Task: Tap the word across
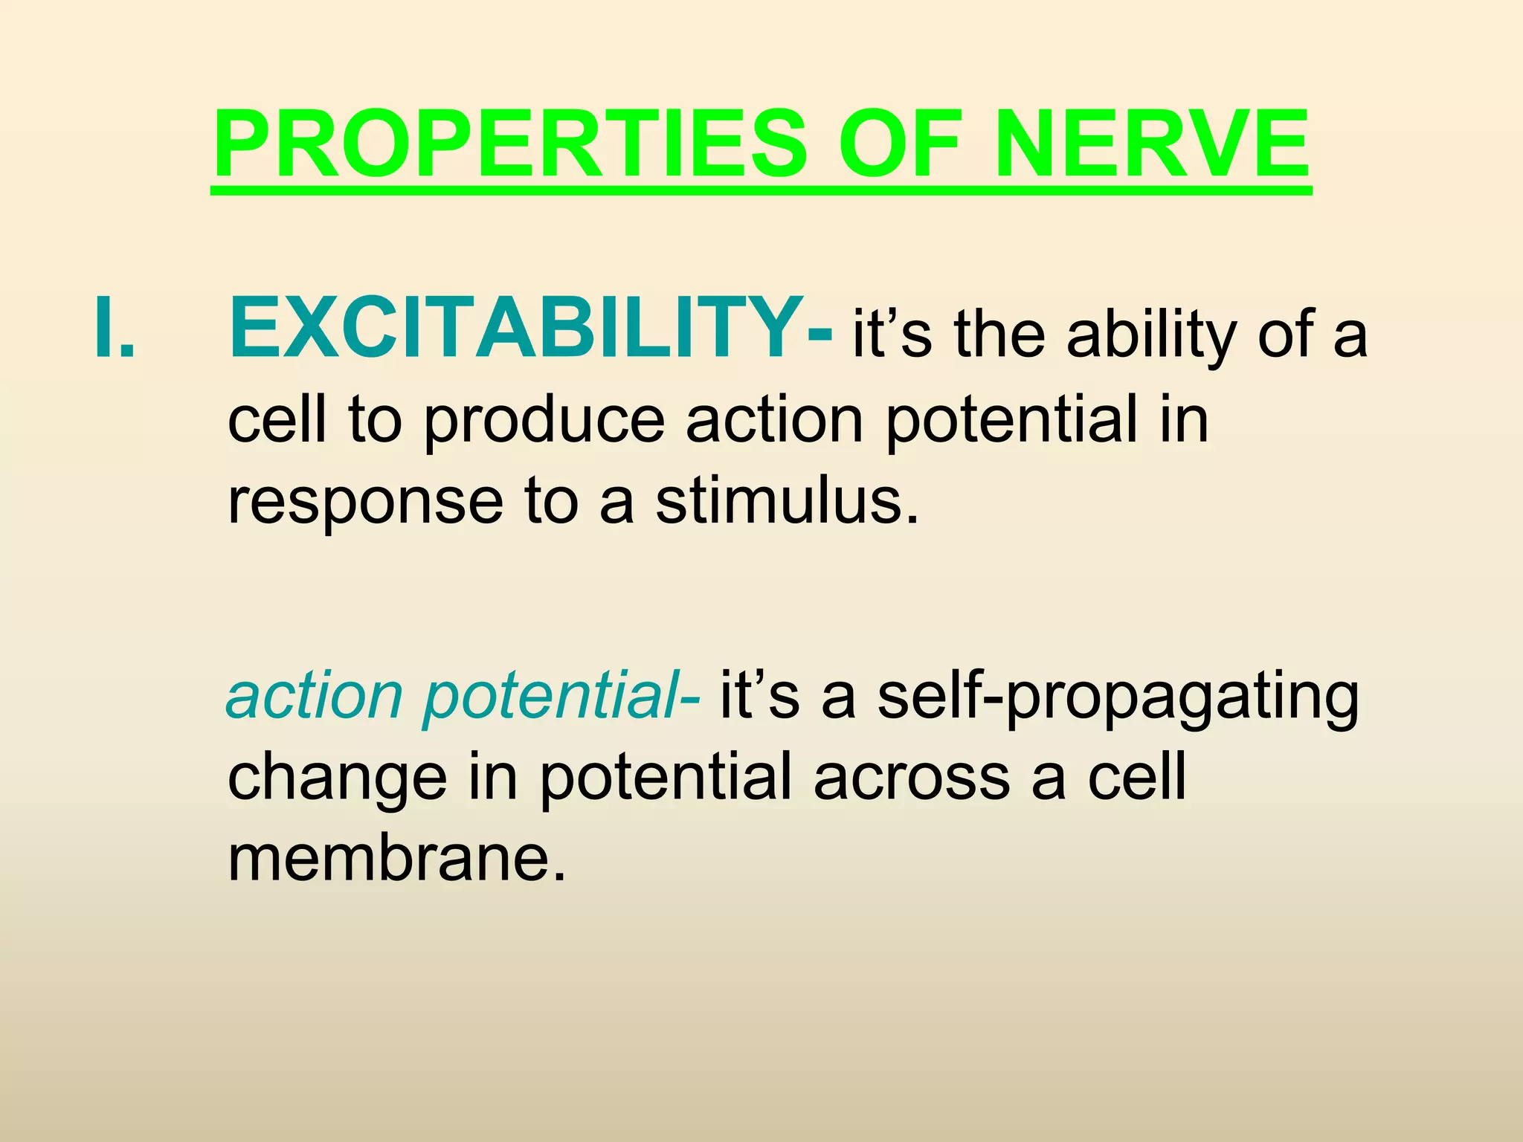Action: pyautogui.click(x=912, y=778)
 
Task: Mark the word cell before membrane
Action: pyautogui.click(x=1137, y=776)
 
